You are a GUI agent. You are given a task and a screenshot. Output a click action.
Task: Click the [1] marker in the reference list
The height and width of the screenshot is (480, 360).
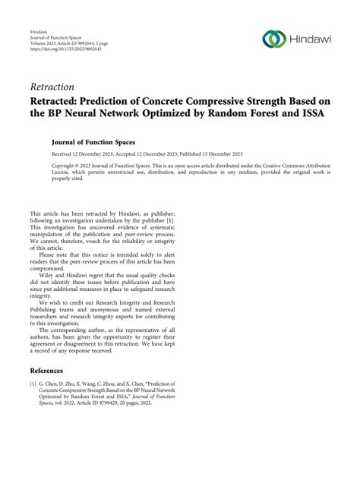pyautogui.click(x=33, y=406)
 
